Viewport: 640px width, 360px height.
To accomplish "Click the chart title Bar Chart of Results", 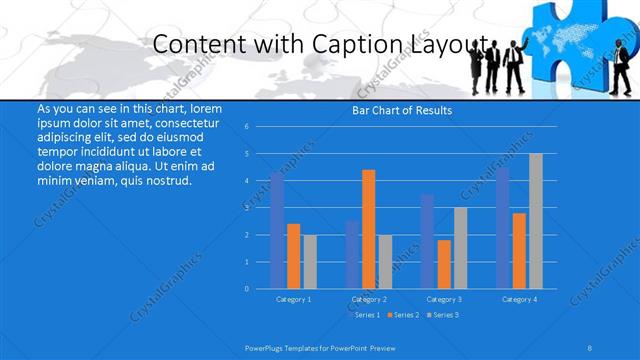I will click(402, 110).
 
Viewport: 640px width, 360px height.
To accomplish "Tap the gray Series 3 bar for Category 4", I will click(536, 221).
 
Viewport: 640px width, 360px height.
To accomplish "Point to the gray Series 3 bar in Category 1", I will click(310, 261).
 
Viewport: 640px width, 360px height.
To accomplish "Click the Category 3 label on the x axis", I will click(443, 299).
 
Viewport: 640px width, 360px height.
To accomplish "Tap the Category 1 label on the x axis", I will click(293, 299).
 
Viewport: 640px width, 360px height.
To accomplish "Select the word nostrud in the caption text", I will click(168, 181).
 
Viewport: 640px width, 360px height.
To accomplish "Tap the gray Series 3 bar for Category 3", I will click(460, 248).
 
